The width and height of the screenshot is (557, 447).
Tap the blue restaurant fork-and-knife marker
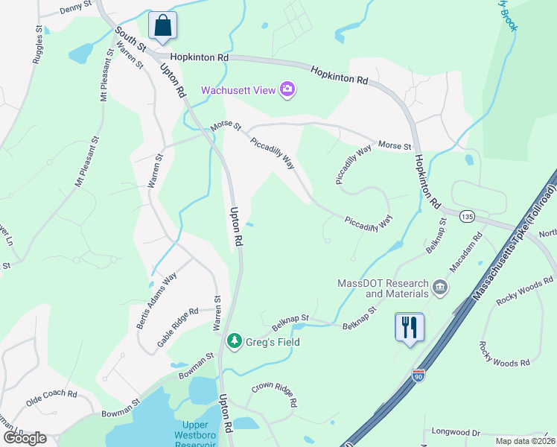(409, 327)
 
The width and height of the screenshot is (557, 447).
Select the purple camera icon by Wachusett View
(287, 90)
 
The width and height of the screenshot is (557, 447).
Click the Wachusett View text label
(238, 91)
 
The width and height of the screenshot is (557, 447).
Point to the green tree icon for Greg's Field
(235, 340)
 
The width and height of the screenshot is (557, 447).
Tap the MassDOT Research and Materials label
(383, 288)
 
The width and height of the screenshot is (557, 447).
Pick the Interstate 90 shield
(419, 377)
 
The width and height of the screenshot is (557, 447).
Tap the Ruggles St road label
(36, 46)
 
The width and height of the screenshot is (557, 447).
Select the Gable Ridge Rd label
(177, 321)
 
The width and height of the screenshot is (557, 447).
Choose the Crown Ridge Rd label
(275, 394)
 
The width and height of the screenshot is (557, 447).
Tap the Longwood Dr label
(456, 431)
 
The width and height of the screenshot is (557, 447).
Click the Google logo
(25, 437)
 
